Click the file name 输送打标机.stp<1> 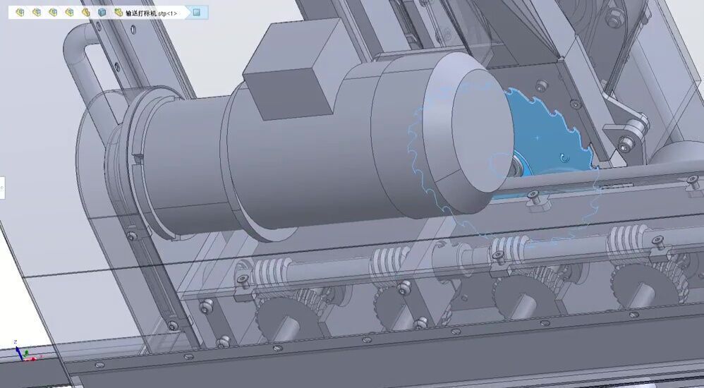tap(152, 13)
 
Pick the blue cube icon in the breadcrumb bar tap(102, 13)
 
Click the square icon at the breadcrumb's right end tap(196, 13)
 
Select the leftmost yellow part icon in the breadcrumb tap(20, 13)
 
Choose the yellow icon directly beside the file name tap(119, 13)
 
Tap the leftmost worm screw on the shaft tap(272, 271)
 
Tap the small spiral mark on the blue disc tap(562, 157)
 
